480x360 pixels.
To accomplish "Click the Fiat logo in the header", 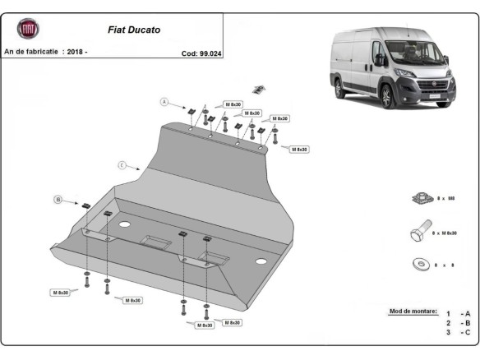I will click(x=28, y=30).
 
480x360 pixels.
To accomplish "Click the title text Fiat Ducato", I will click(x=135, y=30).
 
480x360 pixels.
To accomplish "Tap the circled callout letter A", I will click(x=164, y=102).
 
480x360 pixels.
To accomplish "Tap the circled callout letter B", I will click(x=58, y=199).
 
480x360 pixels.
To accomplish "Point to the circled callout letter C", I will click(x=121, y=165).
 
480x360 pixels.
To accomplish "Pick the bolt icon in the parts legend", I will click(x=417, y=233).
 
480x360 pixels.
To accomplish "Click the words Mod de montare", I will click(x=411, y=313).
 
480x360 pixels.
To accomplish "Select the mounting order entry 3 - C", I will click(x=459, y=333).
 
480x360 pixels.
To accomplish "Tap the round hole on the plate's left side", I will click(x=125, y=224).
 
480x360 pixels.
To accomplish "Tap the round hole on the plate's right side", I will click(x=261, y=261).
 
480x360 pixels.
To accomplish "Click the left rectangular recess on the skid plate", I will click(x=155, y=240).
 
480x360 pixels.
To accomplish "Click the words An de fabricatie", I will click(x=31, y=53).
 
